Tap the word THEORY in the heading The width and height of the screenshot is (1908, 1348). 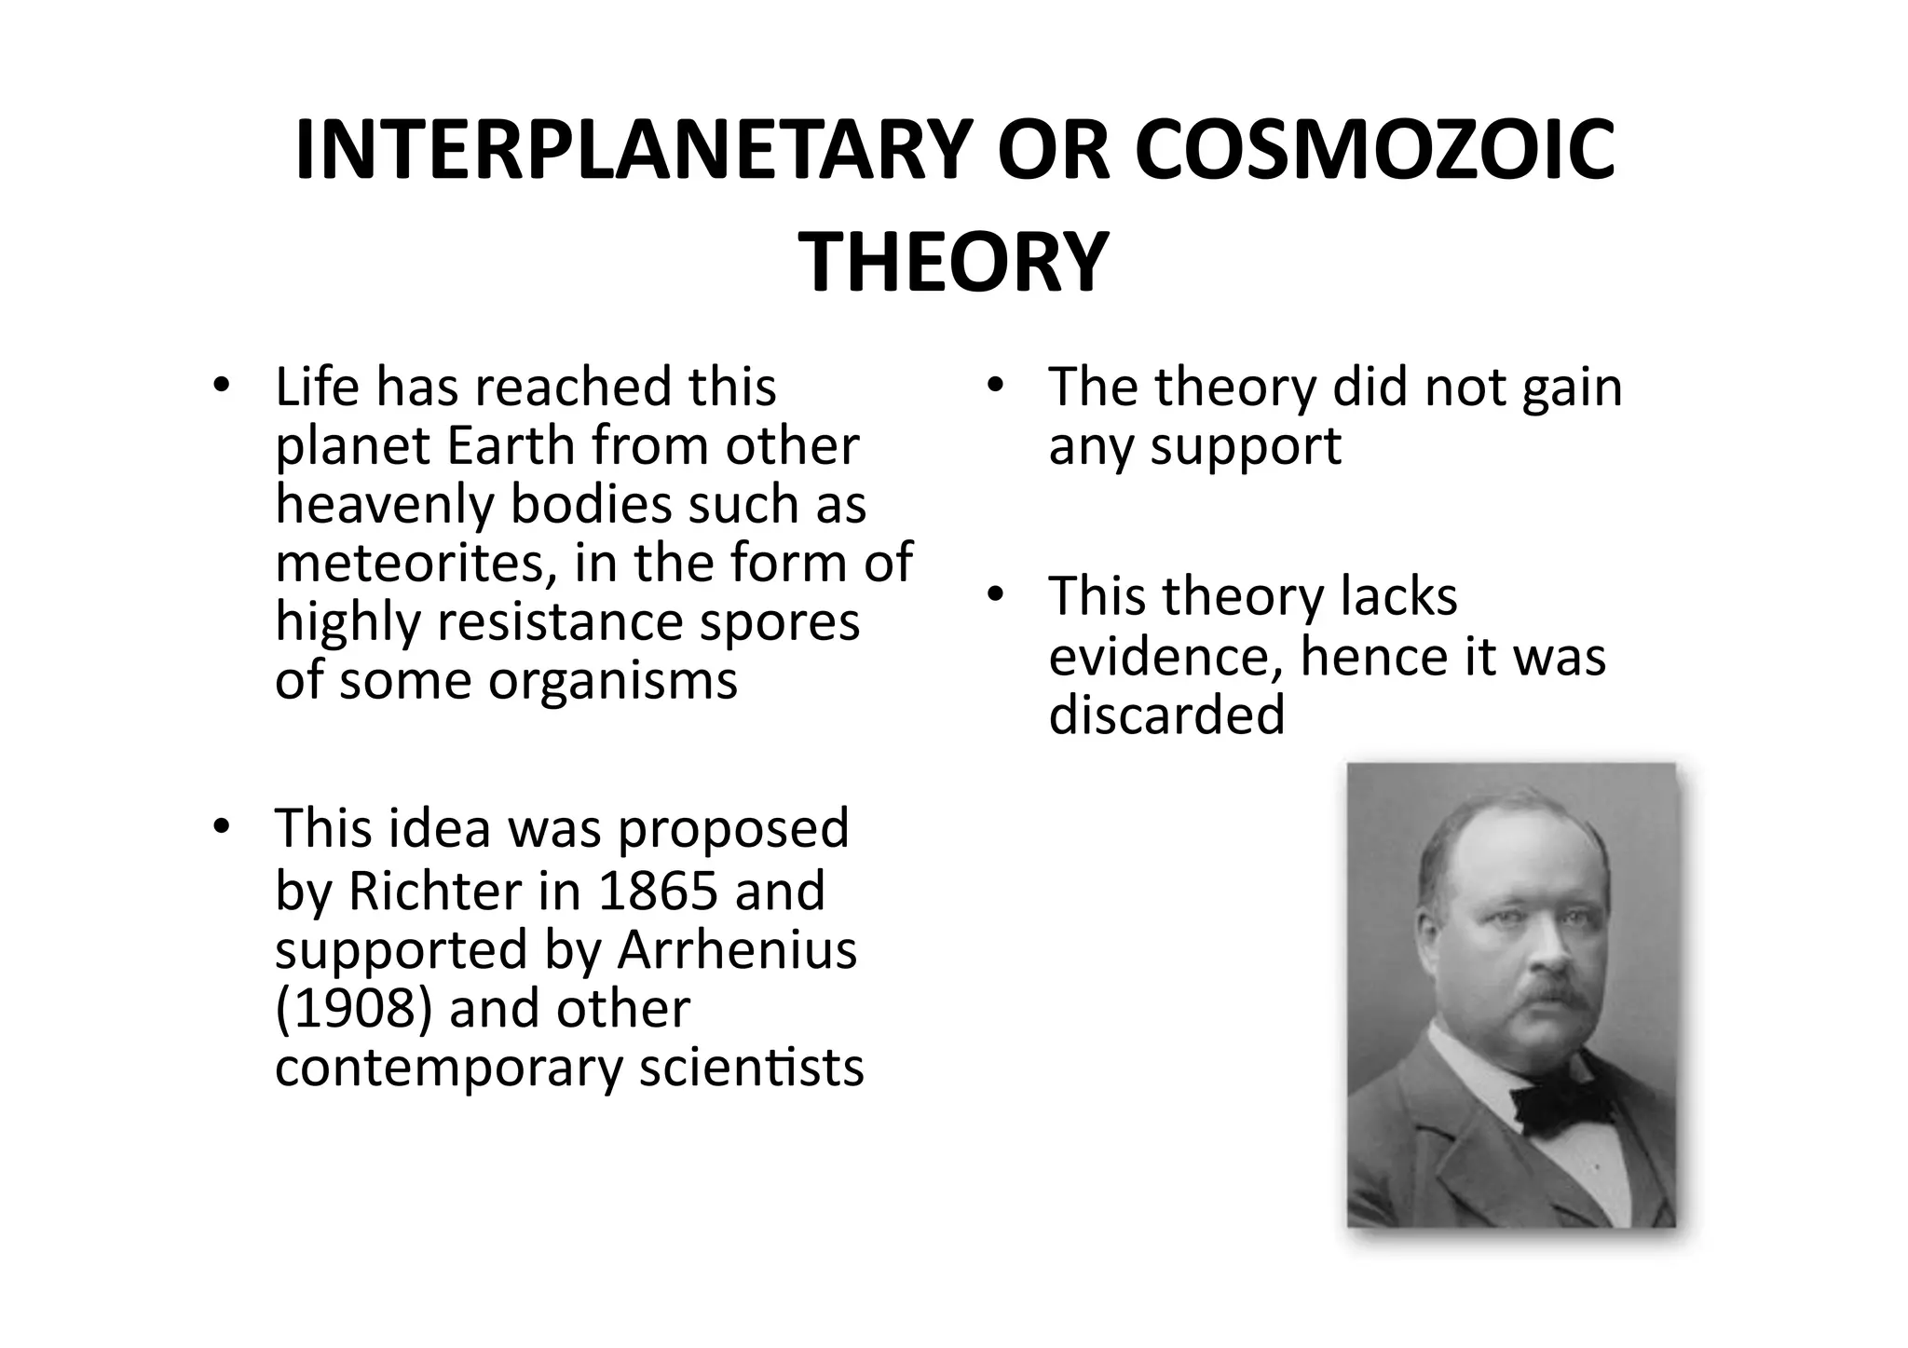click(x=954, y=263)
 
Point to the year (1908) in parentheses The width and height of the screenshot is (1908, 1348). click(x=354, y=1008)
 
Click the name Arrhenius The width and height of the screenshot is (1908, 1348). click(x=736, y=949)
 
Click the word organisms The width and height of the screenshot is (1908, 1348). click(x=613, y=680)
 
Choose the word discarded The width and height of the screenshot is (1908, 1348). click(x=1166, y=715)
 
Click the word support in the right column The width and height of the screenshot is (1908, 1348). click(x=1246, y=446)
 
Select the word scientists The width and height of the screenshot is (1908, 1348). click(x=751, y=1067)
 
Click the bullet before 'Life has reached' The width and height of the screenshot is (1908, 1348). click(x=220, y=385)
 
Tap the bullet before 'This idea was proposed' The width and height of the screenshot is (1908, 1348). click(x=220, y=826)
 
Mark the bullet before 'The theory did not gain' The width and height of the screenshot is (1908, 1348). click(x=993, y=385)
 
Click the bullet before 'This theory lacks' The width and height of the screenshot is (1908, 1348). click(x=993, y=594)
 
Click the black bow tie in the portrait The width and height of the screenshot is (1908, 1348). click(x=1561, y=1106)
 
